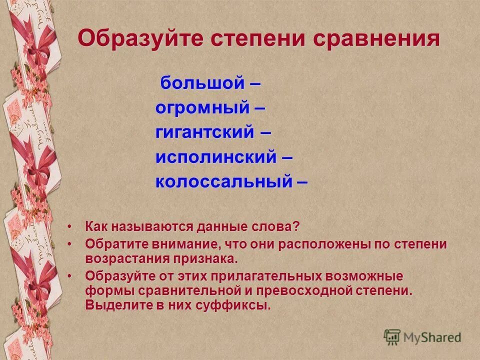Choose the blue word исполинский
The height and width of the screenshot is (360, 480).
coord(215,157)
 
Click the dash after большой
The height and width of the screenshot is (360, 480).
coord(254,83)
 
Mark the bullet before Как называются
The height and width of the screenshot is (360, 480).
coord(69,227)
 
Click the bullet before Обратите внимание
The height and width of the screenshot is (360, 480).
coord(69,244)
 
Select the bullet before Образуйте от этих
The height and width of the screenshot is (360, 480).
coord(69,276)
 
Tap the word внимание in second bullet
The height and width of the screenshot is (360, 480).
coord(185,244)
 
